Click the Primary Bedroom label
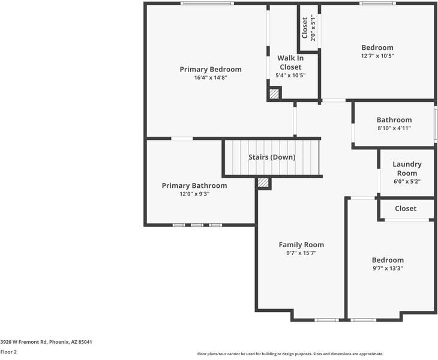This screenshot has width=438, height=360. pyautogui.click(x=210, y=70)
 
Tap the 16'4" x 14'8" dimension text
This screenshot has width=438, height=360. pyautogui.click(x=210, y=78)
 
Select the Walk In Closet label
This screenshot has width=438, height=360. pyautogui.click(x=290, y=62)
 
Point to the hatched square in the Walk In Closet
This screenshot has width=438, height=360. pyautogui.click(x=274, y=94)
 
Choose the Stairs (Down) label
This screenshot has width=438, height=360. pyautogui.click(x=272, y=157)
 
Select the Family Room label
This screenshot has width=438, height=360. pyautogui.click(x=301, y=244)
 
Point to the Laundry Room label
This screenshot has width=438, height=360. pyautogui.click(x=407, y=169)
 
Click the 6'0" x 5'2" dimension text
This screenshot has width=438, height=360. pyautogui.click(x=407, y=182)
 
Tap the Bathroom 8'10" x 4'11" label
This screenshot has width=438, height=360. pyautogui.click(x=394, y=124)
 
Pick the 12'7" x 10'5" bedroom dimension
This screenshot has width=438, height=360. pyautogui.click(x=377, y=56)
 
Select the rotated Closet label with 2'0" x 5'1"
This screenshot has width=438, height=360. pyautogui.click(x=308, y=27)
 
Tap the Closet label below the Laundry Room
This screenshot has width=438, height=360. pyautogui.click(x=406, y=208)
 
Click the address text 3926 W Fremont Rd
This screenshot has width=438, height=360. pyautogui.click(x=46, y=341)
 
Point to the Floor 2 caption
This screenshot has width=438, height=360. pyautogui.click(x=8, y=352)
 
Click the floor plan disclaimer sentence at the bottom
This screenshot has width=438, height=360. pyautogui.click(x=290, y=354)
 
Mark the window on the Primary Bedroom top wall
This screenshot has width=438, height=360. pyautogui.click(x=207, y=4)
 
